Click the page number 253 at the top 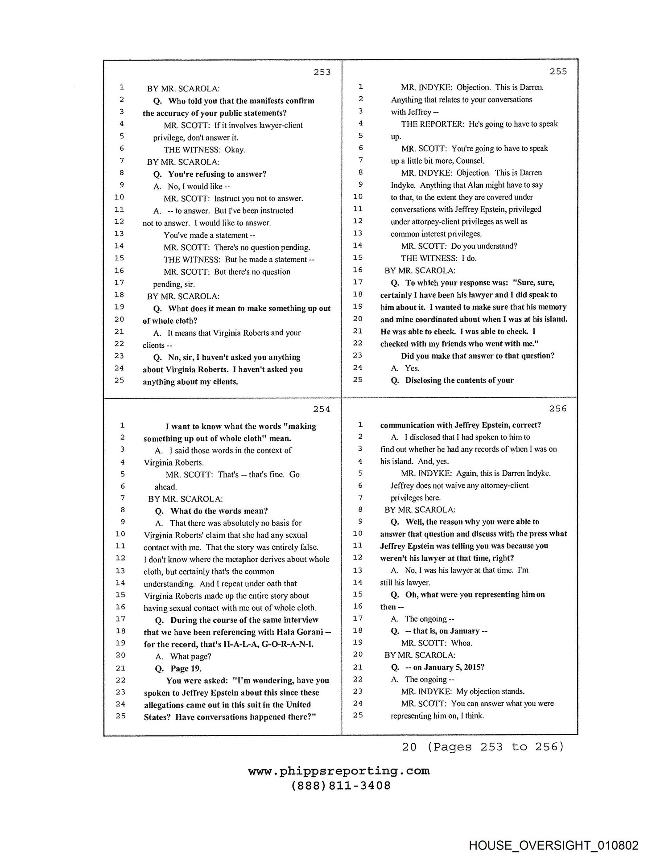tap(322, 72)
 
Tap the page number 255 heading tap(558, 71)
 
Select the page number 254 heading tap(322, 409)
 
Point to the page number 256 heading tap(558, 408)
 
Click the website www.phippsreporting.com tap(339, 771)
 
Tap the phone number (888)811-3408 tap(341, 786)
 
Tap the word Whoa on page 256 tap(462, 643)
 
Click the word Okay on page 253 tap(235, 150)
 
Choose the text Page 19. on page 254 tap(186, 668)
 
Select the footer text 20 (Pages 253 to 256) tap(483, 746)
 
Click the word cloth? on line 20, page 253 tap(187, 321)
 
